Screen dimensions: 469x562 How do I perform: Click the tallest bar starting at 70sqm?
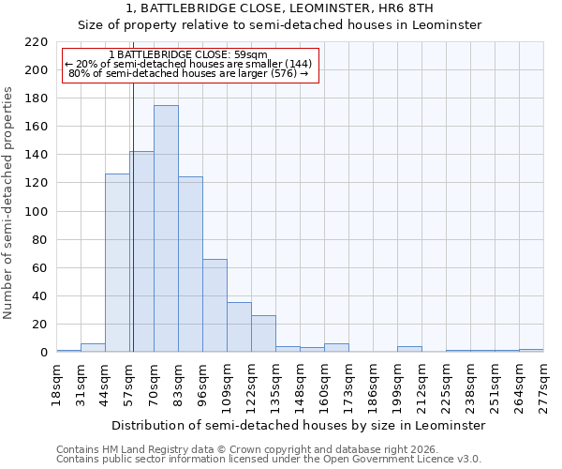click(x=166, y=229)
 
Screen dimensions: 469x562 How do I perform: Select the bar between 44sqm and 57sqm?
click(x=117, y=263)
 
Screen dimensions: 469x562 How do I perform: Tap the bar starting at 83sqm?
click(x=190, y=265)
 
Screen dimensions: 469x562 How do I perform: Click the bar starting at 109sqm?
click(x=239, y=327)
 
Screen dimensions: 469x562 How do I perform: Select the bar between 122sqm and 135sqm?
click(x=263, y=334)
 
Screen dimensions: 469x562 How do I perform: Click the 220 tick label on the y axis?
click(x=37, y=42)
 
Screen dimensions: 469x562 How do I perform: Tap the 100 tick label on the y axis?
click(x=37, y=212)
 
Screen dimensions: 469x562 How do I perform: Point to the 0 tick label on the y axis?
click(x=44, y=353)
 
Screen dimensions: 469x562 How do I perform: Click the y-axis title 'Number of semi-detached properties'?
click(x=9, y=203)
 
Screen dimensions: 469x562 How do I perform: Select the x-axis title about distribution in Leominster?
click(x=299, y=425)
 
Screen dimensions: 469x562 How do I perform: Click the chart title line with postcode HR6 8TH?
click(x=280, y=8)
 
